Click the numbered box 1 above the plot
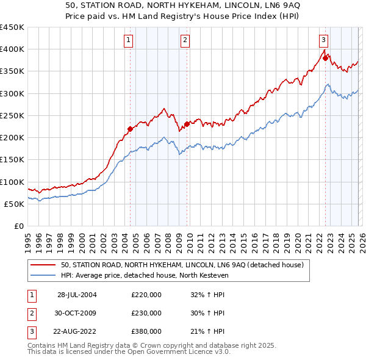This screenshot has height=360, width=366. click(x=129, y=40)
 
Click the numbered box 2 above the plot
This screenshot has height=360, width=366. click(x=185, y=40)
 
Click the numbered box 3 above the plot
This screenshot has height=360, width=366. click(x=323, y=40)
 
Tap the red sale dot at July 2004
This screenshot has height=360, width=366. click(x=130, y=129)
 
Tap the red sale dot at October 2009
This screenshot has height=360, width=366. click(x=187, y=124)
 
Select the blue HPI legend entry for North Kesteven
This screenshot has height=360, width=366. click(x=144, y=275)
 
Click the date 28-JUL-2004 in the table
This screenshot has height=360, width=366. click(x=77, y=295)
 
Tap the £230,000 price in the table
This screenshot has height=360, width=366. click(x=146, y=313)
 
